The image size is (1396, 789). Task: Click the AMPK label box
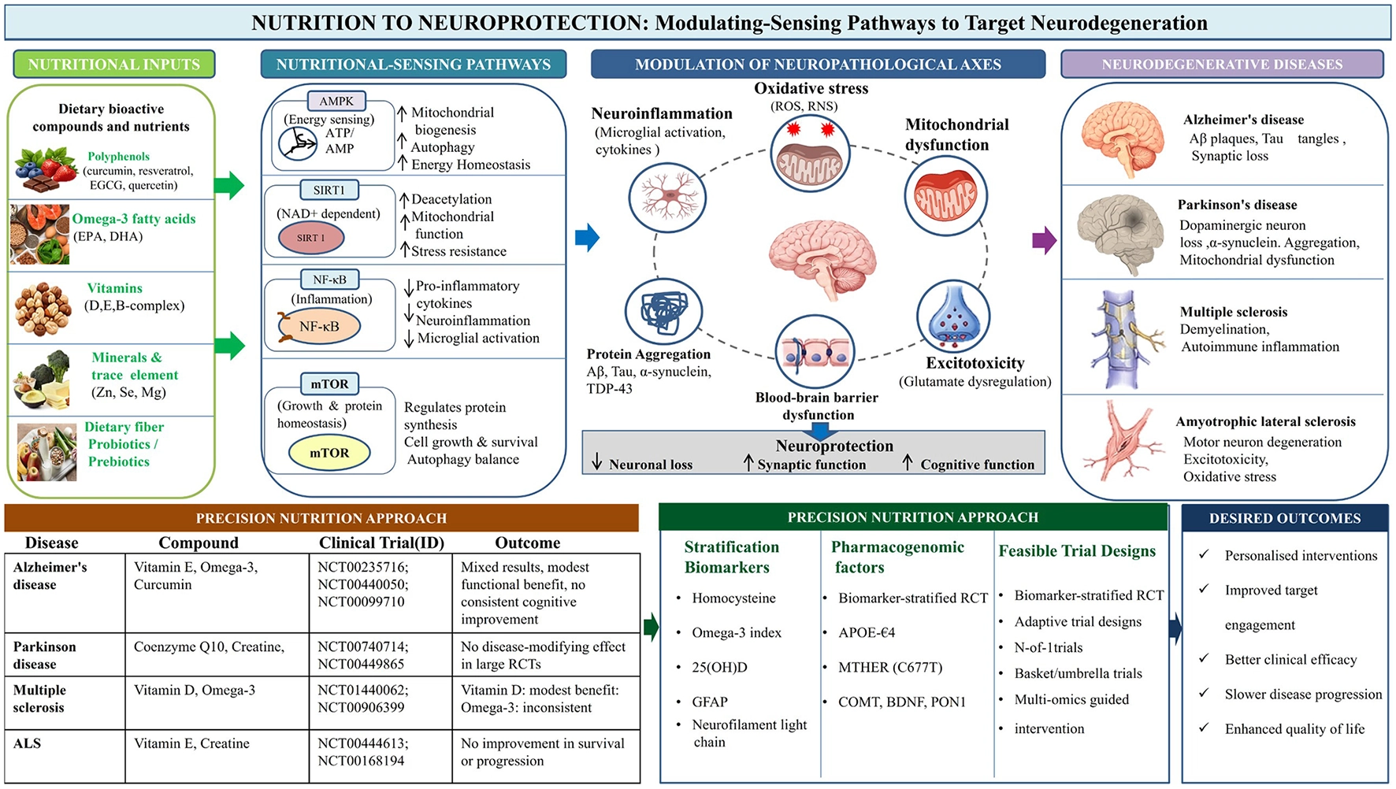click(x=336, y=101)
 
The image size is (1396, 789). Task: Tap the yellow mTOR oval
click(x=329, y=453)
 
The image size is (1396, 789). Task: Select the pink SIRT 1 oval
click(x=311, y=238)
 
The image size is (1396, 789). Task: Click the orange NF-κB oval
click(x=319, y=327)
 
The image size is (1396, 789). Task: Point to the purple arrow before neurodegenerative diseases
click(x=1044, y=240)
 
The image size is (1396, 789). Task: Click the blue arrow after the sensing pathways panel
click(x=587, y=237)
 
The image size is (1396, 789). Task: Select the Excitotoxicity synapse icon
click(x=953, y=317)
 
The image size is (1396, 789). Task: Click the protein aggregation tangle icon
click(x=663, y=312)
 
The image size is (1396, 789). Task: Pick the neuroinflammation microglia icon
click(x=667, y=196)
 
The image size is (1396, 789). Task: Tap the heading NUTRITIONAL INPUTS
click(x=114, y=65)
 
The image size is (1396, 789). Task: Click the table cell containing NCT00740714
click(x=381, y=654)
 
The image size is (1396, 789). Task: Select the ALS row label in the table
click(x=27, y=743)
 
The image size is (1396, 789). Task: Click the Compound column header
click(x=199, y=543)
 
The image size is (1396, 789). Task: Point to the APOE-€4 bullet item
click(x=867, y=632)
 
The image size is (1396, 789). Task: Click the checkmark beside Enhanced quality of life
click(x=1204, y=728)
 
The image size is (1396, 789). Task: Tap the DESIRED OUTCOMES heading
click(x=1285, y=518)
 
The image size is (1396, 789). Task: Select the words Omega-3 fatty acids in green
click(x=134, y=219)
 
